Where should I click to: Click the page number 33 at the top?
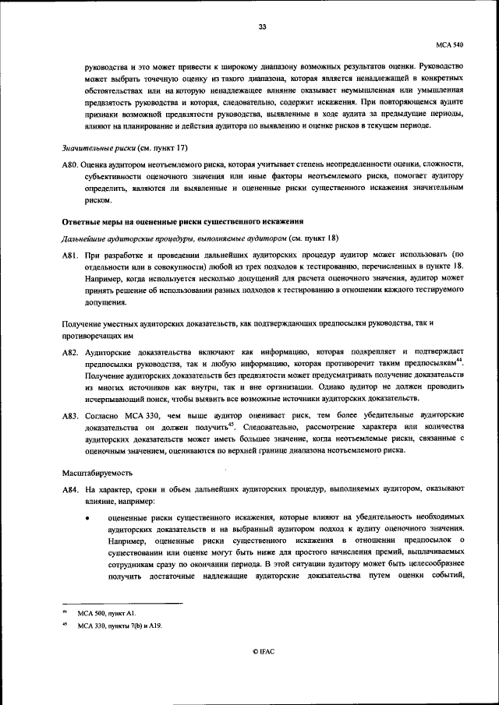pos(263,27)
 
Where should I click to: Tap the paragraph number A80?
pos(72,164)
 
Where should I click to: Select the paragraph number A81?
pos(72,256)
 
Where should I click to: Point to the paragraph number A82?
pos(72,353)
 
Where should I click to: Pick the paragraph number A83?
pos(72,417)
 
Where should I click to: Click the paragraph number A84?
pos(72,488)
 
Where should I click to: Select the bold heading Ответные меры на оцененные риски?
pos(181,224)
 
